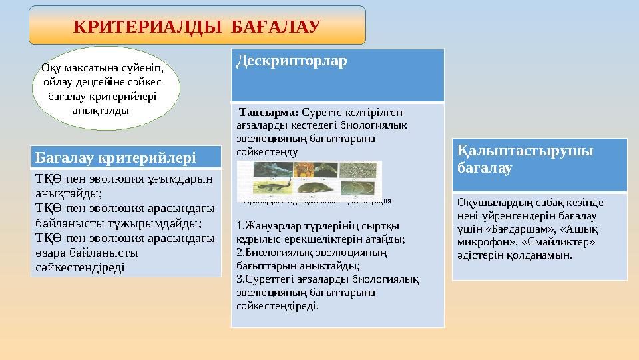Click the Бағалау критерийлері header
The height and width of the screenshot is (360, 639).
[x=115, y=157]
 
